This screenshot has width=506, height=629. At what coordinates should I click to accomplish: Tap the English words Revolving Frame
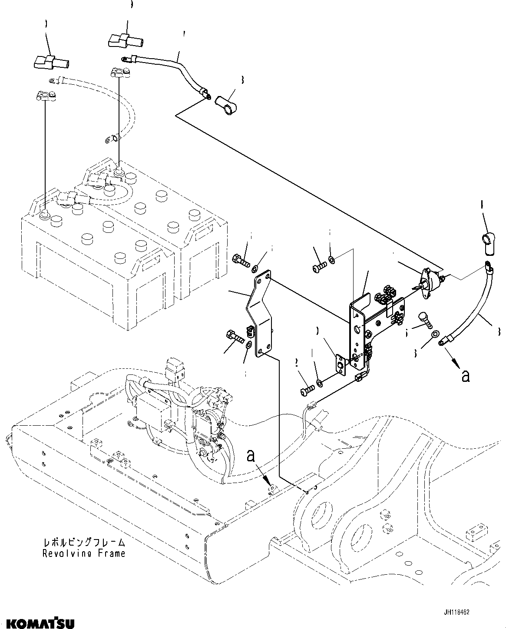tap(84, 553)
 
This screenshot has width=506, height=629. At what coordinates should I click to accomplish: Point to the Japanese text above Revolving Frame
tap(84, 543)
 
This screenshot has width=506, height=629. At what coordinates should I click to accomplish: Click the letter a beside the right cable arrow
tap(466, 376)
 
